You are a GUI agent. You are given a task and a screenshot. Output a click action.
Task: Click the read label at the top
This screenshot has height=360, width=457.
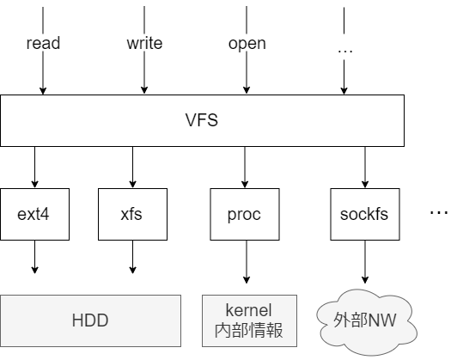[43, 43]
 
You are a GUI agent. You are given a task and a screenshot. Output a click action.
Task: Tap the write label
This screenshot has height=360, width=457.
[144, 43]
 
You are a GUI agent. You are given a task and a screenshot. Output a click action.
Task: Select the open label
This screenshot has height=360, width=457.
[247, 43]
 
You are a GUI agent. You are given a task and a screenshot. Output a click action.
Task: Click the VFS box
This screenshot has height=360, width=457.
[202, 120]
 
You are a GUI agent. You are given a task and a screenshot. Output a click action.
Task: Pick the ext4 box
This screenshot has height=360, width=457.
[35, 213]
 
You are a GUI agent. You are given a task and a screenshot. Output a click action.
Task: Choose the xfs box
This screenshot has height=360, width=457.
[131, 213]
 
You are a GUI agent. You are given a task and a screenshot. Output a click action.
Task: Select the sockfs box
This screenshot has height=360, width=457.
[363, 213]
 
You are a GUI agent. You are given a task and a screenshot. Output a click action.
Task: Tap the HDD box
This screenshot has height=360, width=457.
[90, 320]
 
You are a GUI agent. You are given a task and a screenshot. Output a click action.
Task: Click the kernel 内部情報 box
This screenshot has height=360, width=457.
[248, 320]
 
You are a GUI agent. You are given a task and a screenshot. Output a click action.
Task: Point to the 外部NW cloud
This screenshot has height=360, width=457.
[363, 322]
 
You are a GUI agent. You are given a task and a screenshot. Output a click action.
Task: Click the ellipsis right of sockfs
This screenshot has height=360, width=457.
[438, 212]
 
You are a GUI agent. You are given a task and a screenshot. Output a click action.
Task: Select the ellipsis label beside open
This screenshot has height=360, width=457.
[345, 50]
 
